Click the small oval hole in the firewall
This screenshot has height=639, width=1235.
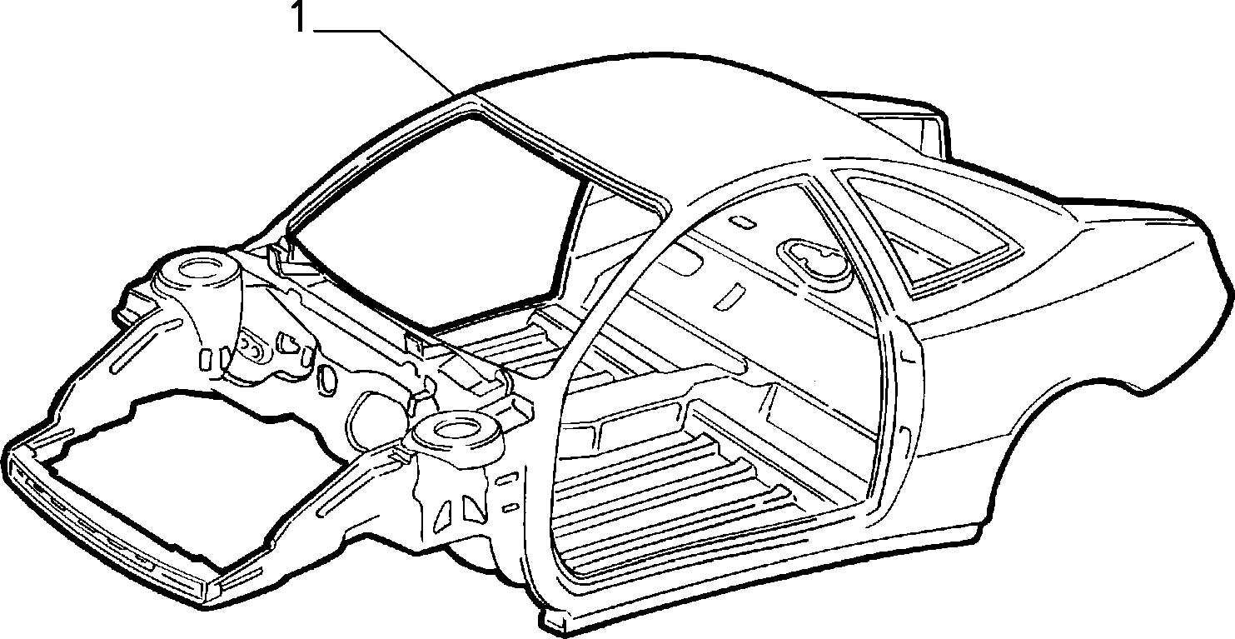click(x=327, y=379)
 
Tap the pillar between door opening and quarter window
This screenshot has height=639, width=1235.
click(x=877, y=309)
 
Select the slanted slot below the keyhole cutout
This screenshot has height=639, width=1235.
click(x=728, y=296)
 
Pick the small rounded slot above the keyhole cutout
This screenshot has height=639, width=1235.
click(x=743, y=222)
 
